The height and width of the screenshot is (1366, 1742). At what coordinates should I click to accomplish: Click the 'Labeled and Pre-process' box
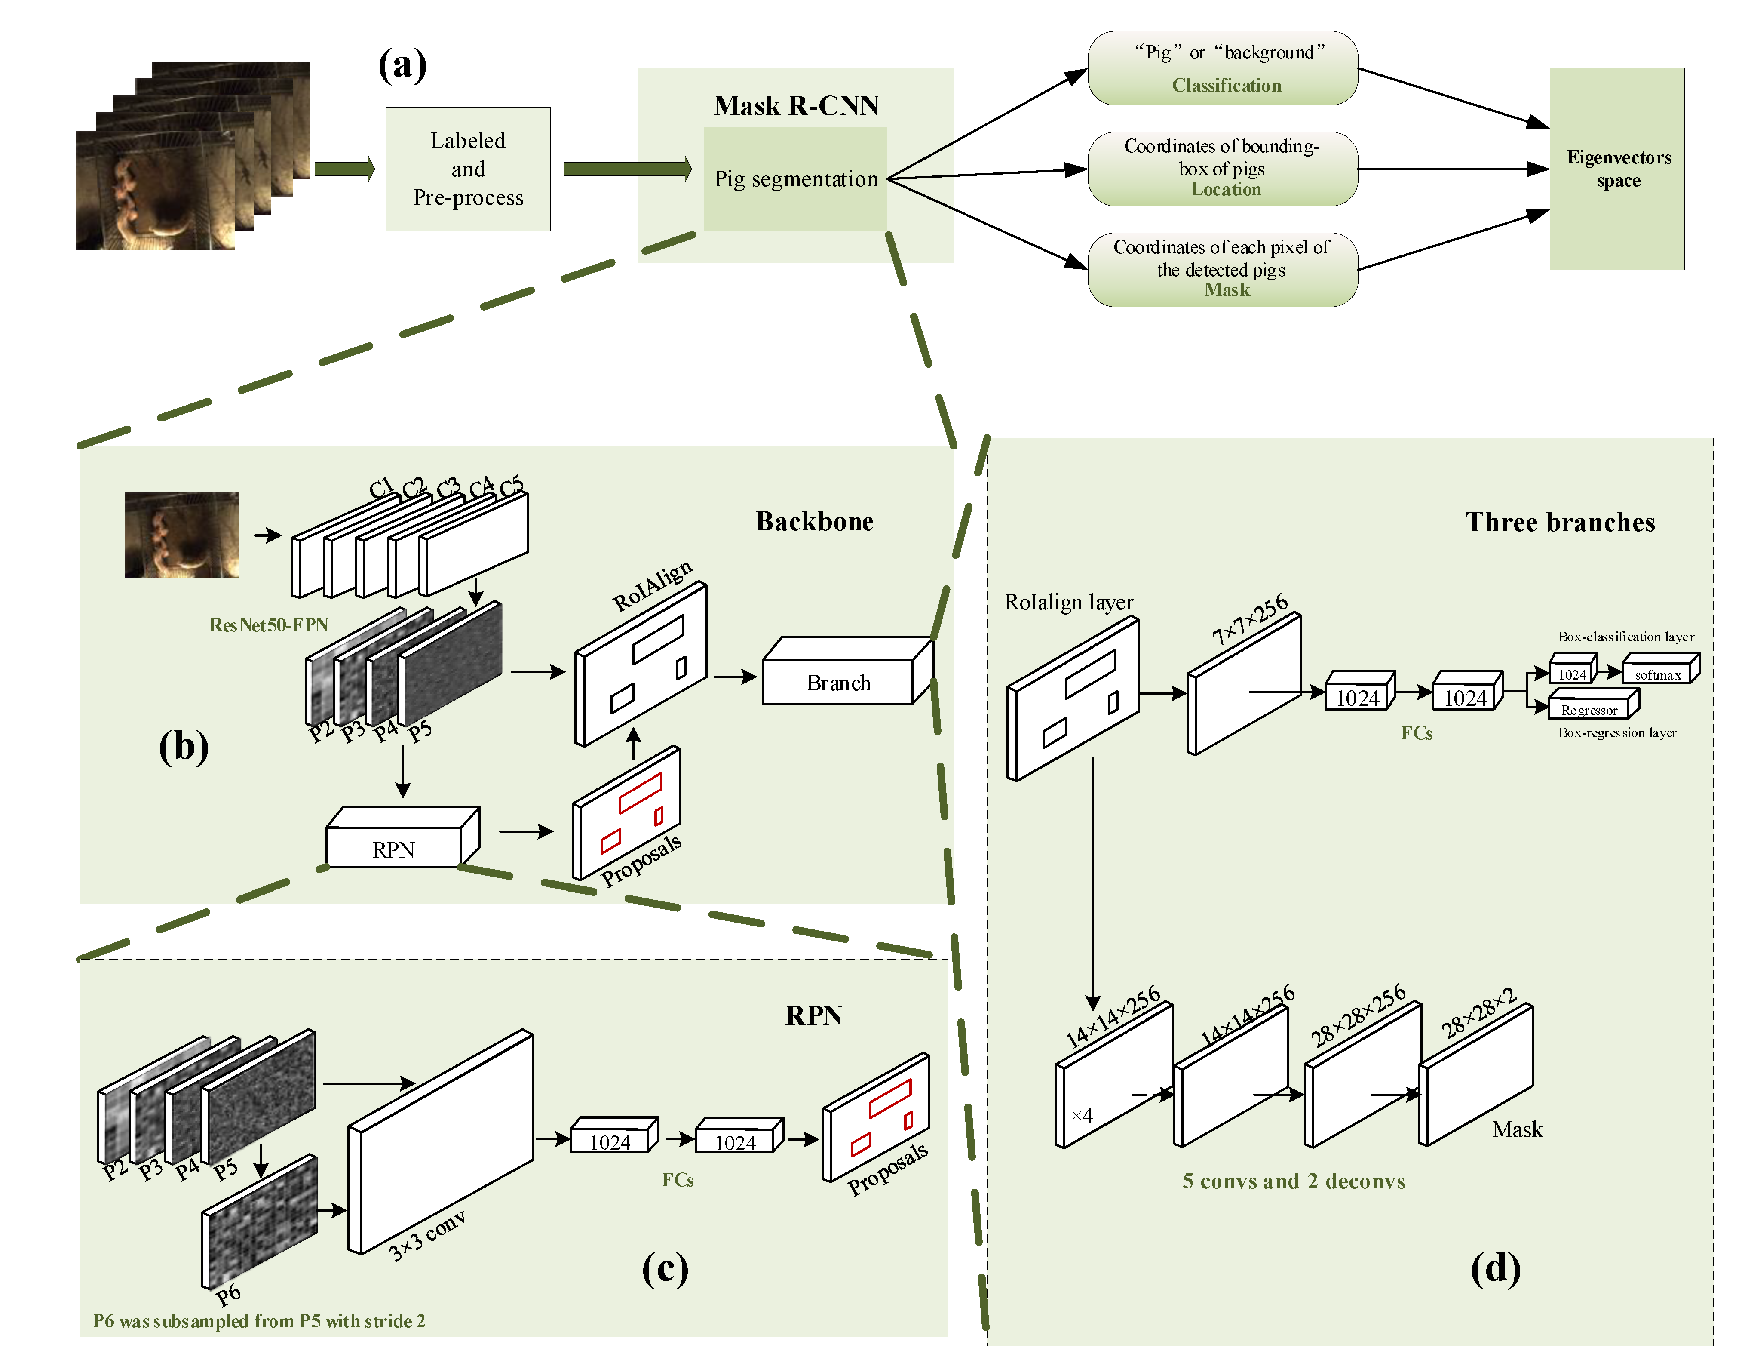click(x=468, y=169)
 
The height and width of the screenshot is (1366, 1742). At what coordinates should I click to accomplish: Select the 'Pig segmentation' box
click(x=795, y=178)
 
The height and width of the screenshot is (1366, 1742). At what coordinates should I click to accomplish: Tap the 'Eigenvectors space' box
click(x=1616, y=169)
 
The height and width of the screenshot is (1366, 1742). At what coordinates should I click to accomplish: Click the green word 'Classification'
click(x=1227, y=86)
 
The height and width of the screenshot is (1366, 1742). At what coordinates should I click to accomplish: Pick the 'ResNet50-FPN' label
click(x=269, y=625)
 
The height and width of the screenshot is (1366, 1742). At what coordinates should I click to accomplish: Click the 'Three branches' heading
click(x=1560, y=522)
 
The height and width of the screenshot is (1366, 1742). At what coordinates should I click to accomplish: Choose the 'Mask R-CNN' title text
click(x=796, y=105)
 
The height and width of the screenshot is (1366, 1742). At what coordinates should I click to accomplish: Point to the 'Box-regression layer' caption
click(x=1616, y=732)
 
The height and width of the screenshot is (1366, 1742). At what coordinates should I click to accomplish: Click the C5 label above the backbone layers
click(x=512, y=485)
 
